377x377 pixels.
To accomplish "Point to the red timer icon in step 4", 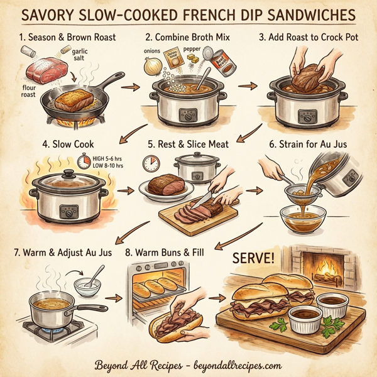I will (84, 161).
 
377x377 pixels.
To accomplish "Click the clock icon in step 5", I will (151, 165).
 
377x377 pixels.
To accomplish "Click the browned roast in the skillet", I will (72, 99).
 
